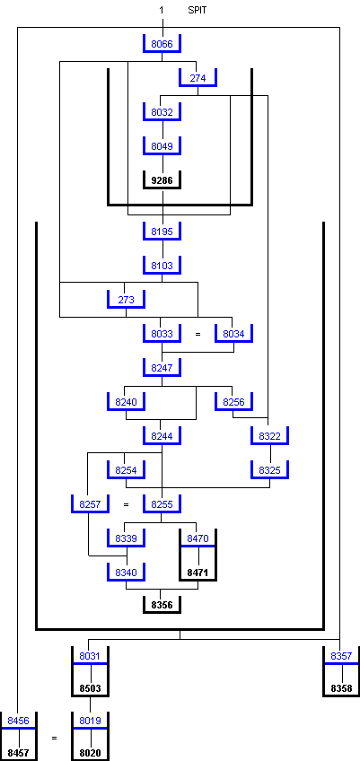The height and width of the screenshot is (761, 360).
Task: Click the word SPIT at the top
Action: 198,10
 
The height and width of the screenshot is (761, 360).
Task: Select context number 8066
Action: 162,44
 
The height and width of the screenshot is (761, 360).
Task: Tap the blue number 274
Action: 198,78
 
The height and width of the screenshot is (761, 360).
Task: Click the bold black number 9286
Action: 162,180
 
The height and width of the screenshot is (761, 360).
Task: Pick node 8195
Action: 162,232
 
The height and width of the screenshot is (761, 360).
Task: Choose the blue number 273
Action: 127,300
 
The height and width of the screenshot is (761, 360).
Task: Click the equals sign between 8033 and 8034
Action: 198,335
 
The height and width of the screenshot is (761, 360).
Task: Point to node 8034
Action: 233,334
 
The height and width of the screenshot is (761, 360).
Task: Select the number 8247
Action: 162,368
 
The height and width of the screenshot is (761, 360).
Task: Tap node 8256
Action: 233,402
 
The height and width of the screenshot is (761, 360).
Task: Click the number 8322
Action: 269,436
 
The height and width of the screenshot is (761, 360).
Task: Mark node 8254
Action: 127,470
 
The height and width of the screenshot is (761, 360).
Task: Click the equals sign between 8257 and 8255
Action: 127,504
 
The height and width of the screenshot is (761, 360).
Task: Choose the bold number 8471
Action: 198,573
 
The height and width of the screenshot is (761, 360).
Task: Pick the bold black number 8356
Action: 162,605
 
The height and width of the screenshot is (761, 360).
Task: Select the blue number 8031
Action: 91,657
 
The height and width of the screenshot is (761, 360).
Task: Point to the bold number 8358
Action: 341,688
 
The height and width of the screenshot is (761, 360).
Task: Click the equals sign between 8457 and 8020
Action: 55,739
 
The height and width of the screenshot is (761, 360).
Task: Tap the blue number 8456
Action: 19,722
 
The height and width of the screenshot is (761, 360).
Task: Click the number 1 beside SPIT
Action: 162,10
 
